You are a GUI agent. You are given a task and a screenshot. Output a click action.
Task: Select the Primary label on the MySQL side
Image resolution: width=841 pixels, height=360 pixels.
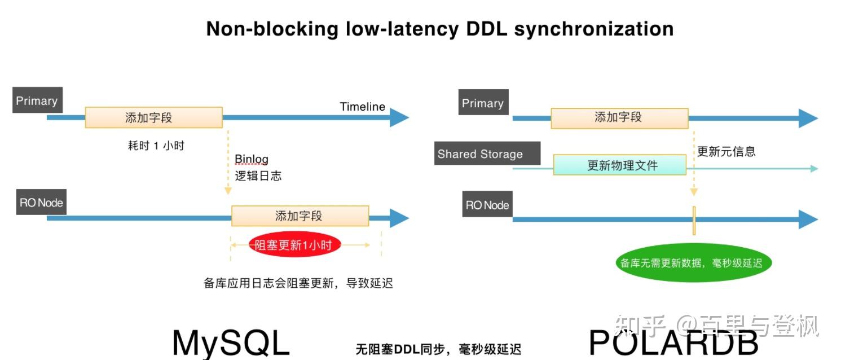click(x=37, y=101)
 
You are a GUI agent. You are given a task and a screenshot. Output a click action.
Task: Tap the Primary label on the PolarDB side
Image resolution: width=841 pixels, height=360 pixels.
click(x=483, y=103)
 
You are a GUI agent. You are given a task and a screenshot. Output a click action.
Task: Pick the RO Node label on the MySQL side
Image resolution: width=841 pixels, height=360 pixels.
click(x=41, y=203)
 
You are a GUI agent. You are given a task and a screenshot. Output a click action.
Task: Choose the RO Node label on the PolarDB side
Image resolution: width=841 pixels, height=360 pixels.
click(x=487, y=205)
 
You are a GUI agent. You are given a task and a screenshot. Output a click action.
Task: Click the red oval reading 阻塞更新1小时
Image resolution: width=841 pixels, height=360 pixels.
click(x=295, y=245)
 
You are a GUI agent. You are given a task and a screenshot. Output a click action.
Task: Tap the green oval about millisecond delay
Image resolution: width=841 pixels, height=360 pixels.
click(x=692, y=263)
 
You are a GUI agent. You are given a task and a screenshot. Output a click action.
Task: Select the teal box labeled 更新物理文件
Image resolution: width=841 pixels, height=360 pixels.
click(x=619, y=165)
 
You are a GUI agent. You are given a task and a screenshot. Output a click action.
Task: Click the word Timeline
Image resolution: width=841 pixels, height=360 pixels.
click(x=362, y=107)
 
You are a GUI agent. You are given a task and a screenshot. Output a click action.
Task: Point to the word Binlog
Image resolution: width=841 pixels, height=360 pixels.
click(x=252, y=159)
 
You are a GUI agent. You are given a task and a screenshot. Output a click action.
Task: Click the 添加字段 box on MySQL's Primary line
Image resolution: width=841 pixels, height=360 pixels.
click(x=153, y=117)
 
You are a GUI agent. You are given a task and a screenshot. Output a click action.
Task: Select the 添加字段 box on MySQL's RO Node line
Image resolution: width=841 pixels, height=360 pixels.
click(x=300, y=216)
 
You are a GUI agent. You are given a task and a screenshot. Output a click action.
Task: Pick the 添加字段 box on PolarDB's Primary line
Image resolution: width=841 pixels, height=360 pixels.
click(x=619, y=117)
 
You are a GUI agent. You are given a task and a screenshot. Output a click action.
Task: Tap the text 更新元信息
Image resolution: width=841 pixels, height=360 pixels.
click(x=726, y=151)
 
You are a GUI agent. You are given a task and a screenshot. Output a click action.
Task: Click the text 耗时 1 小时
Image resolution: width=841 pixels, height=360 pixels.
click(x=156, y=146)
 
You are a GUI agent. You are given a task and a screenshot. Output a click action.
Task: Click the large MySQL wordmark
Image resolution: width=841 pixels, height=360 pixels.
click(x=230, y=342)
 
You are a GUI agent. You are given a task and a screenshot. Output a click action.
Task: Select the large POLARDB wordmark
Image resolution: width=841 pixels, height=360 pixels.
click(x=673, y=342)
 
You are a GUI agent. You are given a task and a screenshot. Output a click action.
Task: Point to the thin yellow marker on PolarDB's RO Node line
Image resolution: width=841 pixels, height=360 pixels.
click(x=694, y=220)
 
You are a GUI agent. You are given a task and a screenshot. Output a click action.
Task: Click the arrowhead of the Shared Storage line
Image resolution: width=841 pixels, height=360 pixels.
click(x=813, y=168)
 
